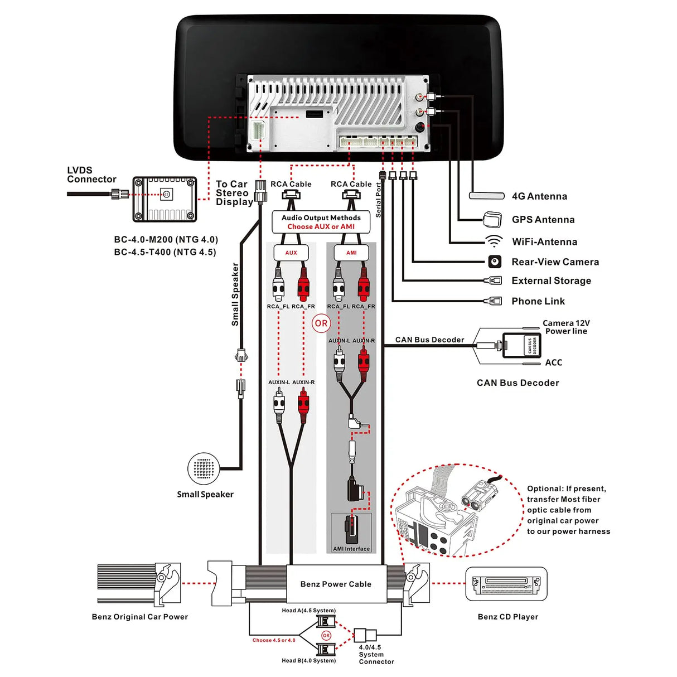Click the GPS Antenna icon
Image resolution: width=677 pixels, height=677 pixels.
click(492, 219)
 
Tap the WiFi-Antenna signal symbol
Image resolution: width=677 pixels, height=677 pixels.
click(494, 241)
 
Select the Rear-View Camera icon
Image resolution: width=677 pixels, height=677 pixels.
click(495, 262)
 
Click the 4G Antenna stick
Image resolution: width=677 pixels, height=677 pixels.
click(487, 196)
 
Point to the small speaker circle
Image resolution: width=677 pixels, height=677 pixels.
click(204, 469)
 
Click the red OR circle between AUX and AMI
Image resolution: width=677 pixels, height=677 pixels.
click(321, 323)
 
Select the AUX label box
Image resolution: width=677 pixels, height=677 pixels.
click(291, 253)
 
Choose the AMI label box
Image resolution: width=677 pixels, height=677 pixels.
click(351, 253)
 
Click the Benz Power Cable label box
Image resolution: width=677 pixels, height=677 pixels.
click(336, 584)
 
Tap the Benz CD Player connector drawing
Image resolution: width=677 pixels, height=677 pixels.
click(506, 584)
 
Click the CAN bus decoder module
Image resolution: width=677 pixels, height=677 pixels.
click(521, 345)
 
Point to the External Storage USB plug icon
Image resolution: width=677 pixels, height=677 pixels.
click(494, 281)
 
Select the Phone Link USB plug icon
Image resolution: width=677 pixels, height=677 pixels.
click(494, 301)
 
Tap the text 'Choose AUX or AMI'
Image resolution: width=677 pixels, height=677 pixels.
click(321, 226)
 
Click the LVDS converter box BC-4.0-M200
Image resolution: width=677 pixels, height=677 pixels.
click(165, 199)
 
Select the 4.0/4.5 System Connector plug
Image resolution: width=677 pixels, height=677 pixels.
click(366, 635)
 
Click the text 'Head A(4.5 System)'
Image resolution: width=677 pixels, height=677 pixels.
click(308, 611)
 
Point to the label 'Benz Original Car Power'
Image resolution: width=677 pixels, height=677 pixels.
click(140, 617)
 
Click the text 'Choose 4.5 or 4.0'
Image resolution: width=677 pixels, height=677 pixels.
click(274, 640)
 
